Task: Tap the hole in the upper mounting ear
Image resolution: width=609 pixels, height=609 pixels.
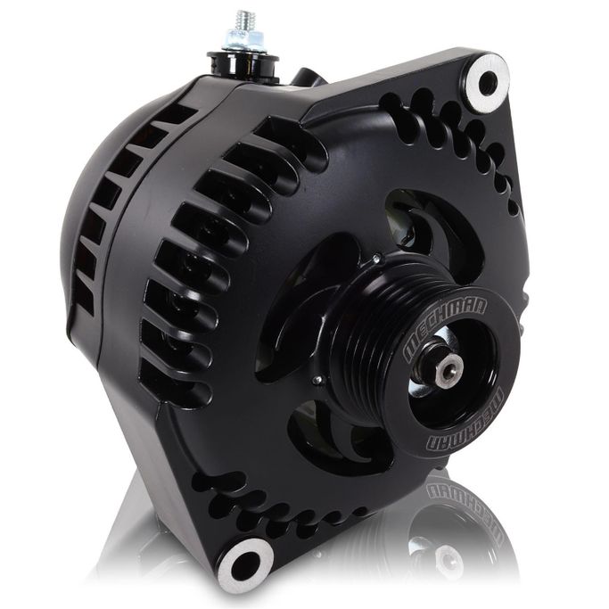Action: coord(488,83)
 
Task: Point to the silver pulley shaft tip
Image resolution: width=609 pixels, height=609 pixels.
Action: coord(450,367)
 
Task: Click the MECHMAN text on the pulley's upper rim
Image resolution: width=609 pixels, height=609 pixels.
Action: coord(444,327)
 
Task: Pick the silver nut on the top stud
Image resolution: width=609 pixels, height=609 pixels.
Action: coord(244,39)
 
